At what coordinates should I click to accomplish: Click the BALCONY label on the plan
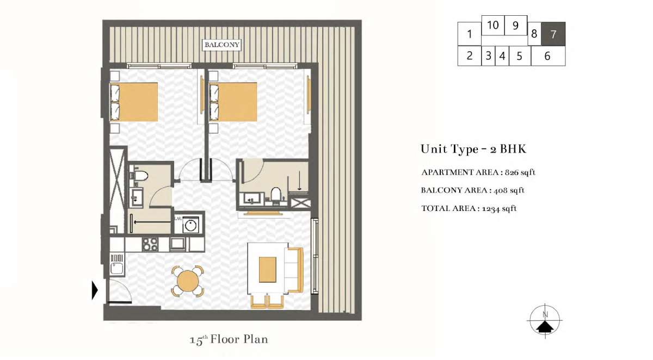click(x=222, y=45)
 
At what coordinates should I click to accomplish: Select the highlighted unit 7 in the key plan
click(x=553, y=34)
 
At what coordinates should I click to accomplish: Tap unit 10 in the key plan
click(x=492, y=26)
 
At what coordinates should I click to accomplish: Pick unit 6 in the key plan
click(x=548, y=56)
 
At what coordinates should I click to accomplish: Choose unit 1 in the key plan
click(x=469, y=34)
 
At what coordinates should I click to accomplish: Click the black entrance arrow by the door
click(x=95, y=290)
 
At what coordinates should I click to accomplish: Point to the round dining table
click(x=188, y=281)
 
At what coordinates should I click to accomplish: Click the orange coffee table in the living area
click(x=268, y=269)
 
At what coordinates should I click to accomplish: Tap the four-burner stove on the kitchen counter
click(x=150, y=244)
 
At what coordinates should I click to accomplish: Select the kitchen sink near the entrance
click(x=117, y=268)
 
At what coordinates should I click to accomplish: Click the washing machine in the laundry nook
click(x=190, y=225)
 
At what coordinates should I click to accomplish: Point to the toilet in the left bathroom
click(x=140, y=176)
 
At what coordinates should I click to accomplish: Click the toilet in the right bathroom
click(x=276, y=195)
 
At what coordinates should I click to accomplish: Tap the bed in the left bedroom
click(x=134, y=102)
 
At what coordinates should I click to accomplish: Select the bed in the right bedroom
click(x=233, y=102)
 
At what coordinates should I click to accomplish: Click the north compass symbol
click(x=545, y=321)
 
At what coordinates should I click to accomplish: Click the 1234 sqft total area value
click(x=500, y=208)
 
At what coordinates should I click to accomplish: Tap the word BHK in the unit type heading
click(x=513, y=149)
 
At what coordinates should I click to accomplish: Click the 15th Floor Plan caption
click(x=229, y=340)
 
